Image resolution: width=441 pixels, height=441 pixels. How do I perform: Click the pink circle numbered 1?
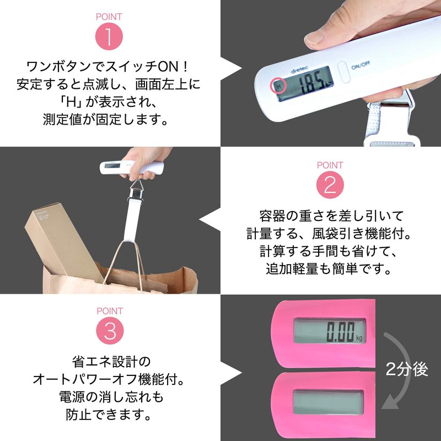[x=109, y=37]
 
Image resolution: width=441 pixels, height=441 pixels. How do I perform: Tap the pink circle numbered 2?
[x=330, y=185]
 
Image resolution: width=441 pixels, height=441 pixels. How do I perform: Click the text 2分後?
[x=407, y=369]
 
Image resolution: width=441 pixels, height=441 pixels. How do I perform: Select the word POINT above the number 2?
[x=330, y=165]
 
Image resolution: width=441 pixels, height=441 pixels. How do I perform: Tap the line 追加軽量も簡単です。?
[x=330, y=270]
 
